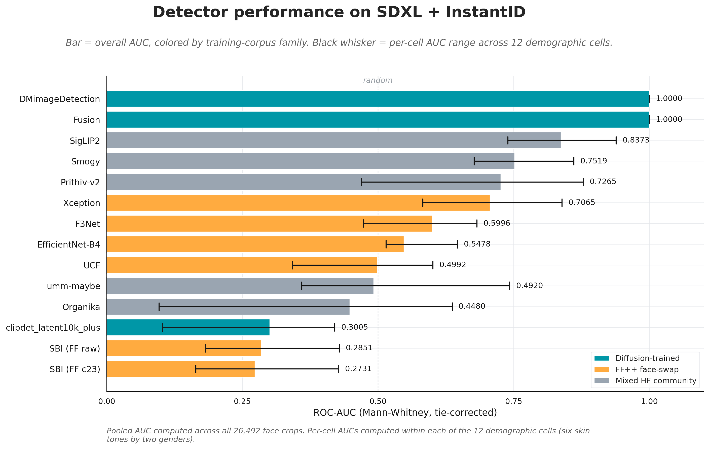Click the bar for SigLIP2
click(333, 140)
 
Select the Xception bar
click(298, 203)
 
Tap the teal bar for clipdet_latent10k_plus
click(188, 327)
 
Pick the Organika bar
click(228, 307)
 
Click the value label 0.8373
click(636, 140)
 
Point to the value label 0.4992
click(453, 265)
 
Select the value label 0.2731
click(358, 369)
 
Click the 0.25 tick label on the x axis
click(242, 401)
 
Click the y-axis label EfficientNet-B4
click(69, 245)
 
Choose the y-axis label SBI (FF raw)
click(75, 349)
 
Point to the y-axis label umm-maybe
click(73, 286)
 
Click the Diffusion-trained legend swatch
click(602, 358)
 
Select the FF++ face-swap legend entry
click(637, 369)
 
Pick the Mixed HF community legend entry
click(645, 381)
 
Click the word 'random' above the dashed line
click(378, 80)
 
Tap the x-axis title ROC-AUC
click(405, 412)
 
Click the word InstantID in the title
click(486, 12)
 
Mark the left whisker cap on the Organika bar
click(159, 307)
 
